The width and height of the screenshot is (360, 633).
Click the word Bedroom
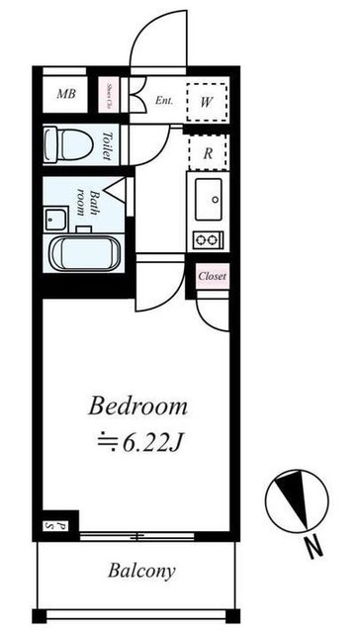(x=138, y=407)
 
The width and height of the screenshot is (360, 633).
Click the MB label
(x=66, y=94)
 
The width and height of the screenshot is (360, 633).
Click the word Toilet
(x=107, y=145)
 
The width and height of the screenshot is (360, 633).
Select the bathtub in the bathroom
(x=84, y=253)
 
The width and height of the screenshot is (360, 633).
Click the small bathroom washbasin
(x=55, y=216)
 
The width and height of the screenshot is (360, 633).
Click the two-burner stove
(x=209, y=239)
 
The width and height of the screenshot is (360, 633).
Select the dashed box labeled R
(x=209, y=153)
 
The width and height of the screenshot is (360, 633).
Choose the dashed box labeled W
(x=209, y=99)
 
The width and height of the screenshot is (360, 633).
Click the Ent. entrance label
(x=165, y=99)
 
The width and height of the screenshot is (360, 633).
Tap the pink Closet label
(x=212, y=276)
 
